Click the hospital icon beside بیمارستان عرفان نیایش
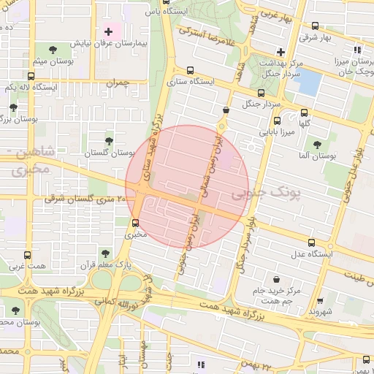[109, 32]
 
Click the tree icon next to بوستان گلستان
[109, 141]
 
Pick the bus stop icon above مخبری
[135, 223]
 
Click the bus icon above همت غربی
[28, 256]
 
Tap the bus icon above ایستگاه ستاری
[191, 71]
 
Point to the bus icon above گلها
[305, 112]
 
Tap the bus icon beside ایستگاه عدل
[312, 243]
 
